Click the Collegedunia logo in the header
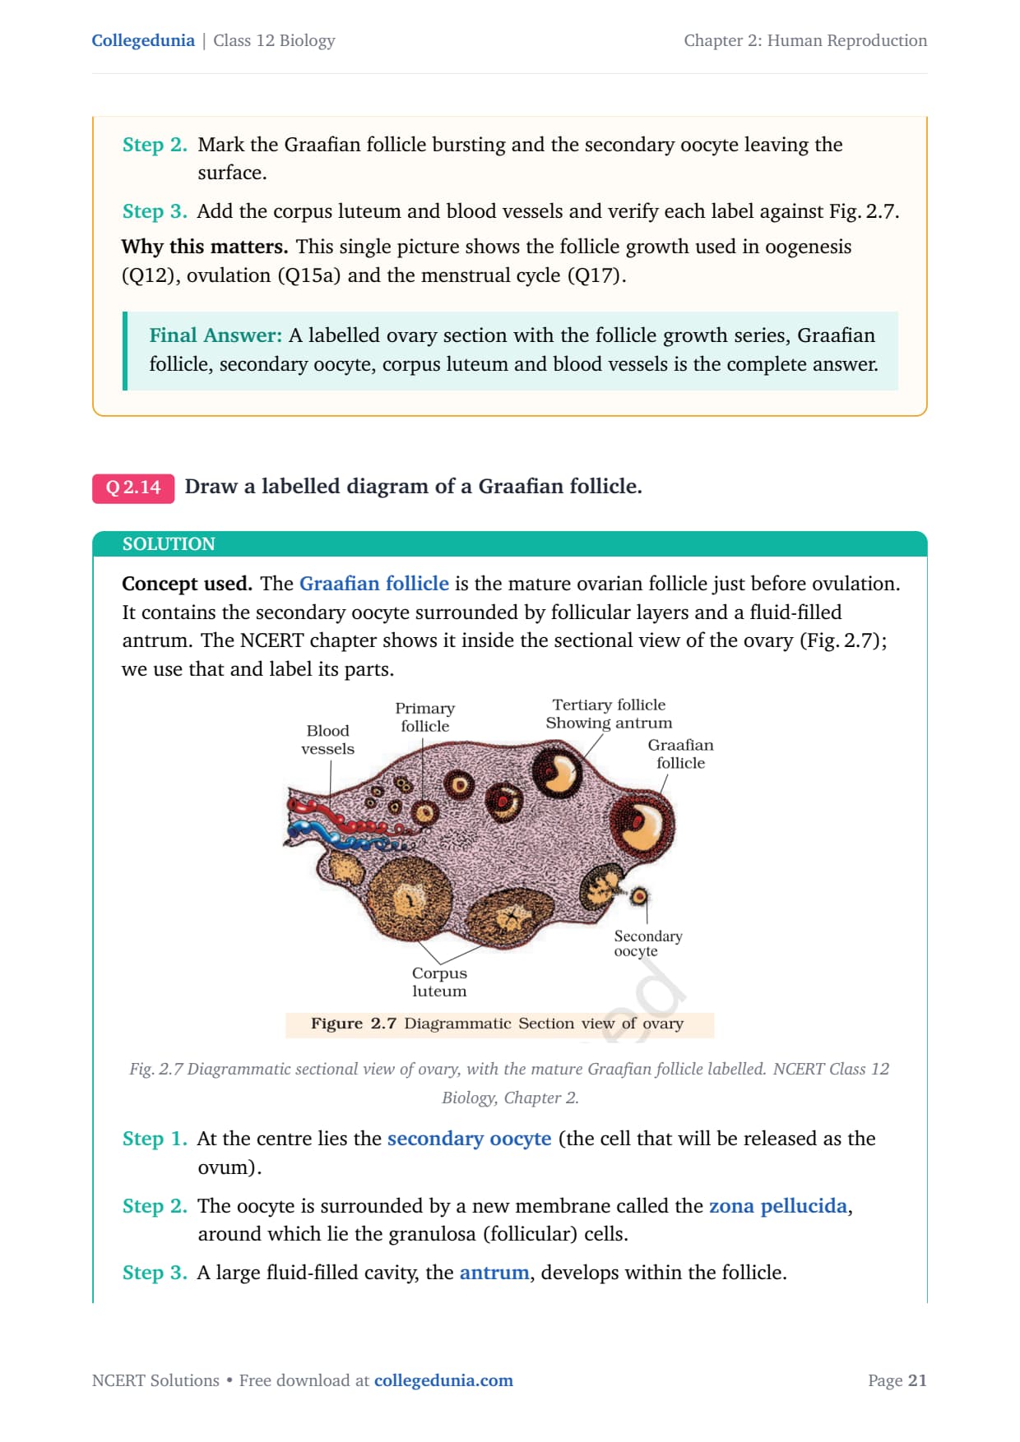click(x=143, y=40)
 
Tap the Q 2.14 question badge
click(x=133, y=488)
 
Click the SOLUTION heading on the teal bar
click(x=169, y=543)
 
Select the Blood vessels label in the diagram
click(x=327, y=740)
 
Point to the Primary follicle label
click(x=424, y=717)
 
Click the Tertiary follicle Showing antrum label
click(x=609, y=714)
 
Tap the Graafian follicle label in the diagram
click(x=680, y=753)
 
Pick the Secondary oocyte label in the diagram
click(x=648, y=943)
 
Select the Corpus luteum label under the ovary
click(x=439, y=982)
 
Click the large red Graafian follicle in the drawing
click(x=642, y=825)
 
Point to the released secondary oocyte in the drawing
click(x=638, y=895)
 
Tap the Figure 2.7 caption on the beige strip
click(x=498, y=1024)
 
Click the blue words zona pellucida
click(x=778, y=1205)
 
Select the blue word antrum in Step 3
click(x=494, y=1273)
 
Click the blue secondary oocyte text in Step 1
click(x=469, y=1139)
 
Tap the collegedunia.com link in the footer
click(x=443, y=1380)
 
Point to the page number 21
click(x=917, y=1380)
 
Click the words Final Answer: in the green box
click(x=216, y=335)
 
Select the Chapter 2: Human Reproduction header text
click(x=805, y=40)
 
